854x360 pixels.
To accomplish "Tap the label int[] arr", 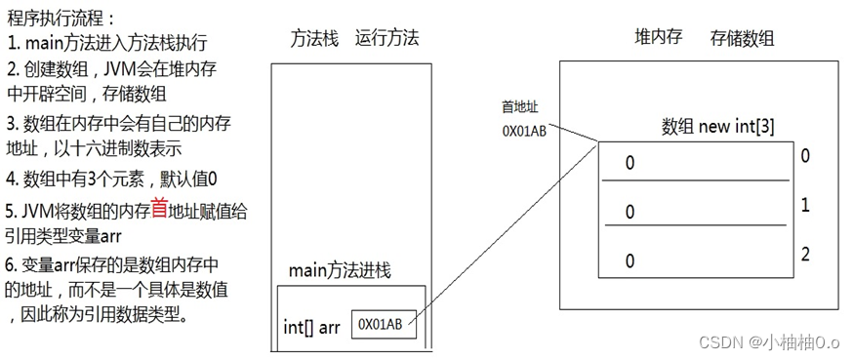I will coord(311,327).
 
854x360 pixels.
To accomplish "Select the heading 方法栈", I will coord(314,38).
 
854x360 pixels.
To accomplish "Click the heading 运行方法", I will coord(386,38).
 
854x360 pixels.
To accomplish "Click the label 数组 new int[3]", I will coord(718,127).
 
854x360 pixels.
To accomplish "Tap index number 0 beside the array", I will coord(805,156).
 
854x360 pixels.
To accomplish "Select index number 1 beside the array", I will coord(805,206).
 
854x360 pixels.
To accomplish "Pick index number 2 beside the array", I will coord(805,255).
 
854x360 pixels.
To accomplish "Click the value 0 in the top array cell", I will coord(630,163).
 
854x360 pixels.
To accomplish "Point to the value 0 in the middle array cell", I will coord(630,211).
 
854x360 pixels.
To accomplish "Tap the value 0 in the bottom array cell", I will coord(630,260).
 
